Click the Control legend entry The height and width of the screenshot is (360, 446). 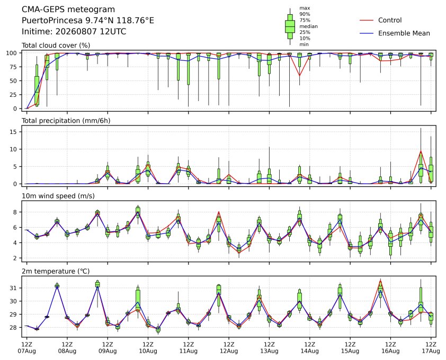coord(381,20)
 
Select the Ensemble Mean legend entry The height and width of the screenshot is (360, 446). coord(395,33)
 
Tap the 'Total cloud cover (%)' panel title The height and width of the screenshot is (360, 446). coord(56,46)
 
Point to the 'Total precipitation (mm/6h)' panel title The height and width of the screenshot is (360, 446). coord(66,121)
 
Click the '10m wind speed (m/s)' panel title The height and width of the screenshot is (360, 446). coord(58,196)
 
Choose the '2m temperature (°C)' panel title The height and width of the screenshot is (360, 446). coord(56,271)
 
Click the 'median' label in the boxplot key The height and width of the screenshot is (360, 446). coord(309,26)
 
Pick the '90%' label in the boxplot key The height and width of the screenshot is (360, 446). coord(305,14)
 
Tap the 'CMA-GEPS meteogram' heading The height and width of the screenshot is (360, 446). coord(68,10)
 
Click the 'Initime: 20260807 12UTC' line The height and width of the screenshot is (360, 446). coord(74,31)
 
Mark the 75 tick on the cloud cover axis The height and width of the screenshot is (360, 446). coord(13,67)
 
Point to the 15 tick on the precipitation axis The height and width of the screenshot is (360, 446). coord(13,132)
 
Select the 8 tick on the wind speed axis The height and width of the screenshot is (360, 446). coord(15,212)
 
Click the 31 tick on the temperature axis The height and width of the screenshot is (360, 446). coord(13,288)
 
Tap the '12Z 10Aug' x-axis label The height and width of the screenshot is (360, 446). coord(148,348)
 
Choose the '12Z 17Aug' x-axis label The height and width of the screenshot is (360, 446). coord(431,348)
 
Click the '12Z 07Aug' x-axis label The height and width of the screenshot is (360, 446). coord(26,348)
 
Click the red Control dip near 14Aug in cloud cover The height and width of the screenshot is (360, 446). coord(299,75)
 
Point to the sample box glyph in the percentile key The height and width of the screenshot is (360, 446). coord(290,26)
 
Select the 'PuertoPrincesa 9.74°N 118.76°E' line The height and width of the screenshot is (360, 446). coord(88,21)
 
